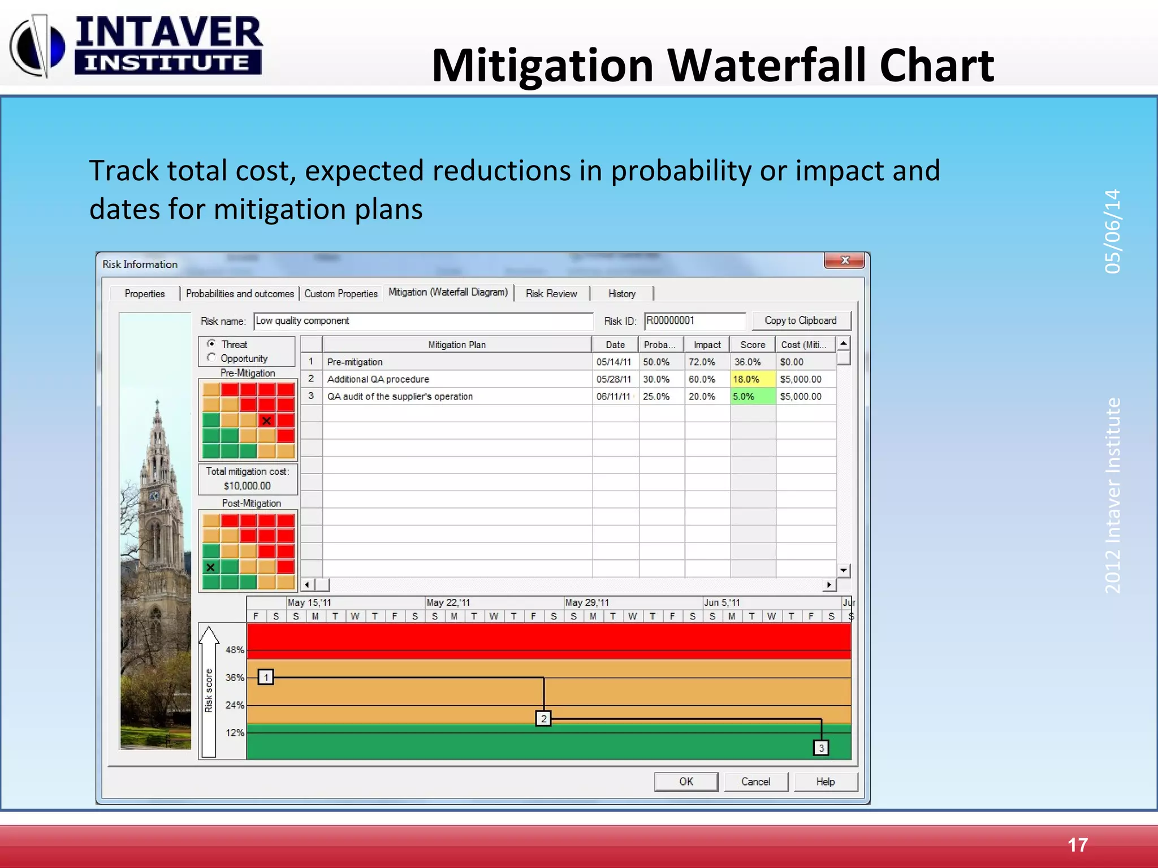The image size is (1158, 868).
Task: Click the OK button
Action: coord(686,782)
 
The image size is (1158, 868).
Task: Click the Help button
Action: coord(825,782)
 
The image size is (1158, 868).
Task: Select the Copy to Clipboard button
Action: coord(801,320)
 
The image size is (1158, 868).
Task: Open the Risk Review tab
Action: coord(551,293)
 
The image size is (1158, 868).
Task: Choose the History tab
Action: coord(621,293)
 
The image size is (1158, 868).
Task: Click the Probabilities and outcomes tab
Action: coord(240,293)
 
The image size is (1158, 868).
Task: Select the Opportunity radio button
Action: coord(211,358)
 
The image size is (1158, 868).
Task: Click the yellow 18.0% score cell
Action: coord(752,379)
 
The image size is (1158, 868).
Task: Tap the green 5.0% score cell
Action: coord(752,396)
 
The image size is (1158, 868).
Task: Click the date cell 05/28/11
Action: coord(614,379)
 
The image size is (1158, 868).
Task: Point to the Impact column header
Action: coord(707,345)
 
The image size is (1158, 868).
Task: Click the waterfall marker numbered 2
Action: coord(543,719)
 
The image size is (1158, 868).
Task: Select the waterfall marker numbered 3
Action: coord(821,748)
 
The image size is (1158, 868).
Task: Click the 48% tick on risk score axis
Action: coord(235,650)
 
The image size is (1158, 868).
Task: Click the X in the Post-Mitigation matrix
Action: coord(210,567)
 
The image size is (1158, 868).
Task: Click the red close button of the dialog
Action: coord(845,260)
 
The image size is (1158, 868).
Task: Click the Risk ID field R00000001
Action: coord(694,320)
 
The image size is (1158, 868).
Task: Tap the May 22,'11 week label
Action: coord(448,602)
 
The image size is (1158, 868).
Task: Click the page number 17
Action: coord(1077,845)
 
